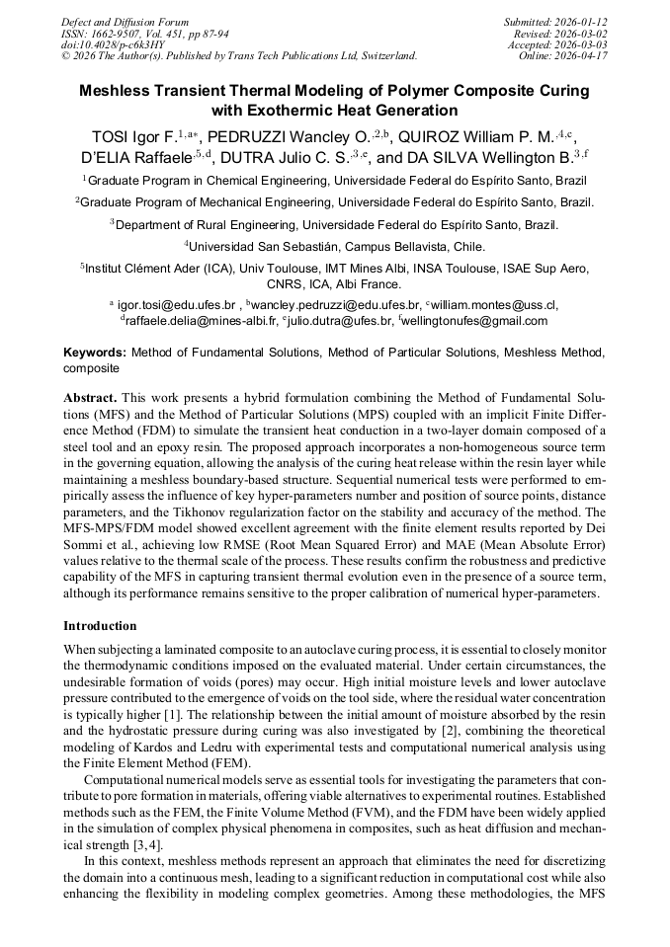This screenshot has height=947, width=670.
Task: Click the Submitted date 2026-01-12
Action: coord(584,22)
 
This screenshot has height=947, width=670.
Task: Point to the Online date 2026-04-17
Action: coord(584,57)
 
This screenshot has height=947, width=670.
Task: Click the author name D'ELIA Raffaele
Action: coord(136,158)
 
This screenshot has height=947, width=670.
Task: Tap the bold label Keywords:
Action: coord(95,353)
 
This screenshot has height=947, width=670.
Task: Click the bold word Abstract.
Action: coord(90,395)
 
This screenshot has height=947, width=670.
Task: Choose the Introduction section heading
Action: coord(100,626)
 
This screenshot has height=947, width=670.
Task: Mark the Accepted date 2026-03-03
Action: coord(584,45)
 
